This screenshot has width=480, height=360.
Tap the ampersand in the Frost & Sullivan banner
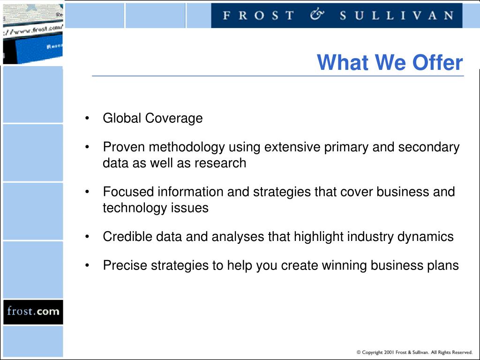point(317,15)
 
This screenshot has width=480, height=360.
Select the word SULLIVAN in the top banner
point(397,15)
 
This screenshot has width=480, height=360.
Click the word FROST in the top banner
point(258,15)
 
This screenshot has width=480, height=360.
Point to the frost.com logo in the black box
point(33,311)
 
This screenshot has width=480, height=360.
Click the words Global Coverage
point(153,118)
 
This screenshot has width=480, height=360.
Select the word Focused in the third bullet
point(128,192)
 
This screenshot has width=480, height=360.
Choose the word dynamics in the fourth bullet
point(426,237)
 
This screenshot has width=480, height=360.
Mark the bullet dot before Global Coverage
point(87,118)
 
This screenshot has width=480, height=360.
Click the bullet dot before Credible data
point(87,237)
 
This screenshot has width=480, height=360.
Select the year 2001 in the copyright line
point(389,352)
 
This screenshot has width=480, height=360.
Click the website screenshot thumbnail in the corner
point(33,34)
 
